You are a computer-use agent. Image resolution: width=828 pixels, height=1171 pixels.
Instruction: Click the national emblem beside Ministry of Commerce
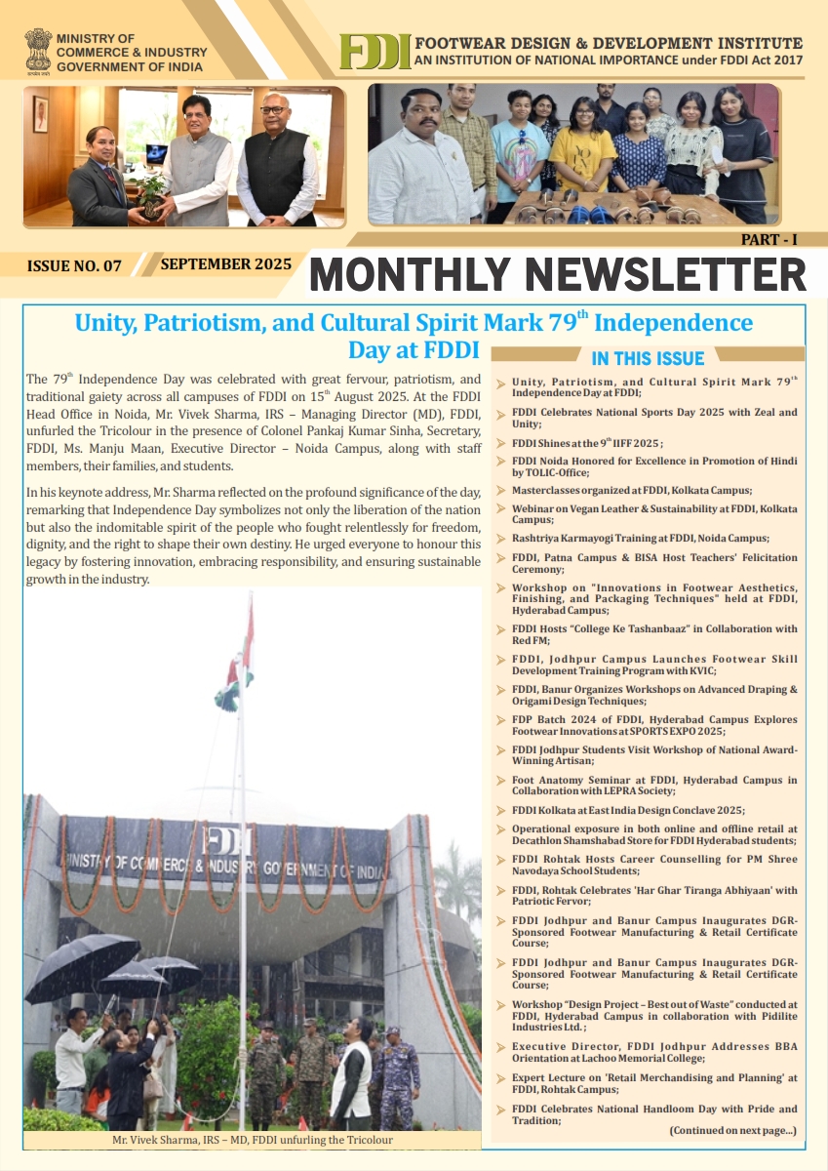tap(38, 52)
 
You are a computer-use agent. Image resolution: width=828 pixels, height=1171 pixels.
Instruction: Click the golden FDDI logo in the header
tap(375, 53)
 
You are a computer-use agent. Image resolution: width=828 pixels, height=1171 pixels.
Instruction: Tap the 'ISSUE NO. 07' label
tap(74, 265)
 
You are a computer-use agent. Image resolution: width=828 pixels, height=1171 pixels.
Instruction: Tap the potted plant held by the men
tap(150, 193)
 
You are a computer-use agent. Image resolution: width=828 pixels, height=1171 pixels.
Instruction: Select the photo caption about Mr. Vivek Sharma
tap(252, 1139)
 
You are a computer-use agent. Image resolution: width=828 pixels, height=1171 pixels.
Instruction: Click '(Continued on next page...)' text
tap(731, 1130)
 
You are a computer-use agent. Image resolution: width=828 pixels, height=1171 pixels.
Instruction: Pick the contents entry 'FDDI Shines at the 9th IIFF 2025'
tap(587, 443)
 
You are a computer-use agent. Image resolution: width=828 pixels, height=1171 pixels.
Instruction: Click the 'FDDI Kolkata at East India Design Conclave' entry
tap(627, 810)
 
